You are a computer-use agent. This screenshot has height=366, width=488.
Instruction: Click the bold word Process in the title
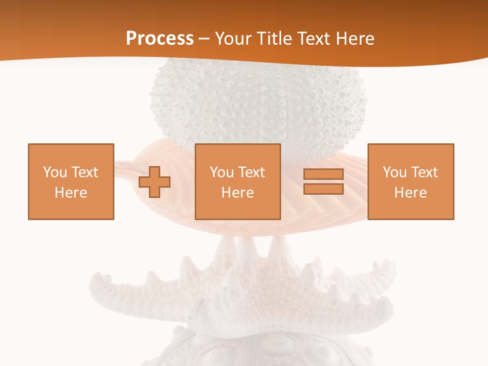[160, 39]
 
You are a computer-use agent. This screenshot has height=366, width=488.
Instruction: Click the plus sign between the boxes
[155, 181]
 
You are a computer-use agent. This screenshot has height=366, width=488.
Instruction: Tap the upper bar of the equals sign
[323, 174]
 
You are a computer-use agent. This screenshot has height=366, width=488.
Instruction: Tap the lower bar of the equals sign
[323, 189]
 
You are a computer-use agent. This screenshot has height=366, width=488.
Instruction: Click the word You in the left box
[54, 172]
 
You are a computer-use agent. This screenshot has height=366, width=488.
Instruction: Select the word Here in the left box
[71, 193]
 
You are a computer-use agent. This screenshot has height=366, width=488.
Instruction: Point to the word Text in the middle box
[252, 172]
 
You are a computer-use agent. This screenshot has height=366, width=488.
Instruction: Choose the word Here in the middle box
[237, 193]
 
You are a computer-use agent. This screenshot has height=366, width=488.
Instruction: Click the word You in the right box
[394, 172]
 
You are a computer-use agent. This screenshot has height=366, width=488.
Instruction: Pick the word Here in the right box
[410, 193]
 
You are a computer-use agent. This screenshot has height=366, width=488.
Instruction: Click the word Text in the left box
[85, 172]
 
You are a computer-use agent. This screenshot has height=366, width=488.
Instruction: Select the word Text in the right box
[424, 172]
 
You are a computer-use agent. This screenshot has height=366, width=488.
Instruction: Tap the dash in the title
[204, 39]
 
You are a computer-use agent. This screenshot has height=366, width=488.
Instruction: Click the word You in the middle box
[221, 172]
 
